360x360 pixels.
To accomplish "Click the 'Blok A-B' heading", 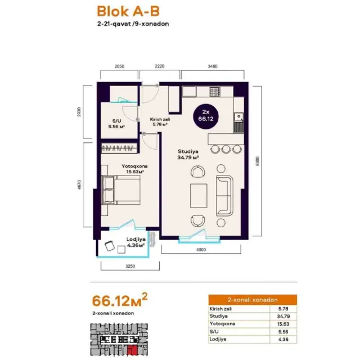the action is point(128,11).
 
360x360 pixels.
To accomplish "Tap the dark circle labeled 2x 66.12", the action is point(206,116).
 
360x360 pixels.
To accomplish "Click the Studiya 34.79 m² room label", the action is point(188,155).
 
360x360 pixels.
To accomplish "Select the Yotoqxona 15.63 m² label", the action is point(134,169).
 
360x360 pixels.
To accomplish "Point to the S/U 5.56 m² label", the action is point(116,124).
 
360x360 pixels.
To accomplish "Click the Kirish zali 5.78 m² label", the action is point(160,122).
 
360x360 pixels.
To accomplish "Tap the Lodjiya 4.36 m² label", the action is point(136,242).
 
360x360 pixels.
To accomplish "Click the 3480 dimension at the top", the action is point(213,66).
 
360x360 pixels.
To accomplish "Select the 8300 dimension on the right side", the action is point(258,161).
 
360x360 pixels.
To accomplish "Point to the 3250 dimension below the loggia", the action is point(130,266).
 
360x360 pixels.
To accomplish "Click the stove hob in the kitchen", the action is point(215,92).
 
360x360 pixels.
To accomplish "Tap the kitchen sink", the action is point(238,117).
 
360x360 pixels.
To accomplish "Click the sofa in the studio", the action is point(224,196).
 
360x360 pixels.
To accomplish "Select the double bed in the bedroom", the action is point(121,190).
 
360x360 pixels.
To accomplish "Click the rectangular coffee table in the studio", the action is point(199,196).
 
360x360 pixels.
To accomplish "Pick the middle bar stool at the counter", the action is point(226,149).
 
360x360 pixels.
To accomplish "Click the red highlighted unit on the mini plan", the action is point(133,350).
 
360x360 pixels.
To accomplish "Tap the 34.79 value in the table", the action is point(283,316).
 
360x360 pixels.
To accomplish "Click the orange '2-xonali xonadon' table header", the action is point(253,300).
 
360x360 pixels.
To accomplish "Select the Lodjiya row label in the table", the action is point(218,339).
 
